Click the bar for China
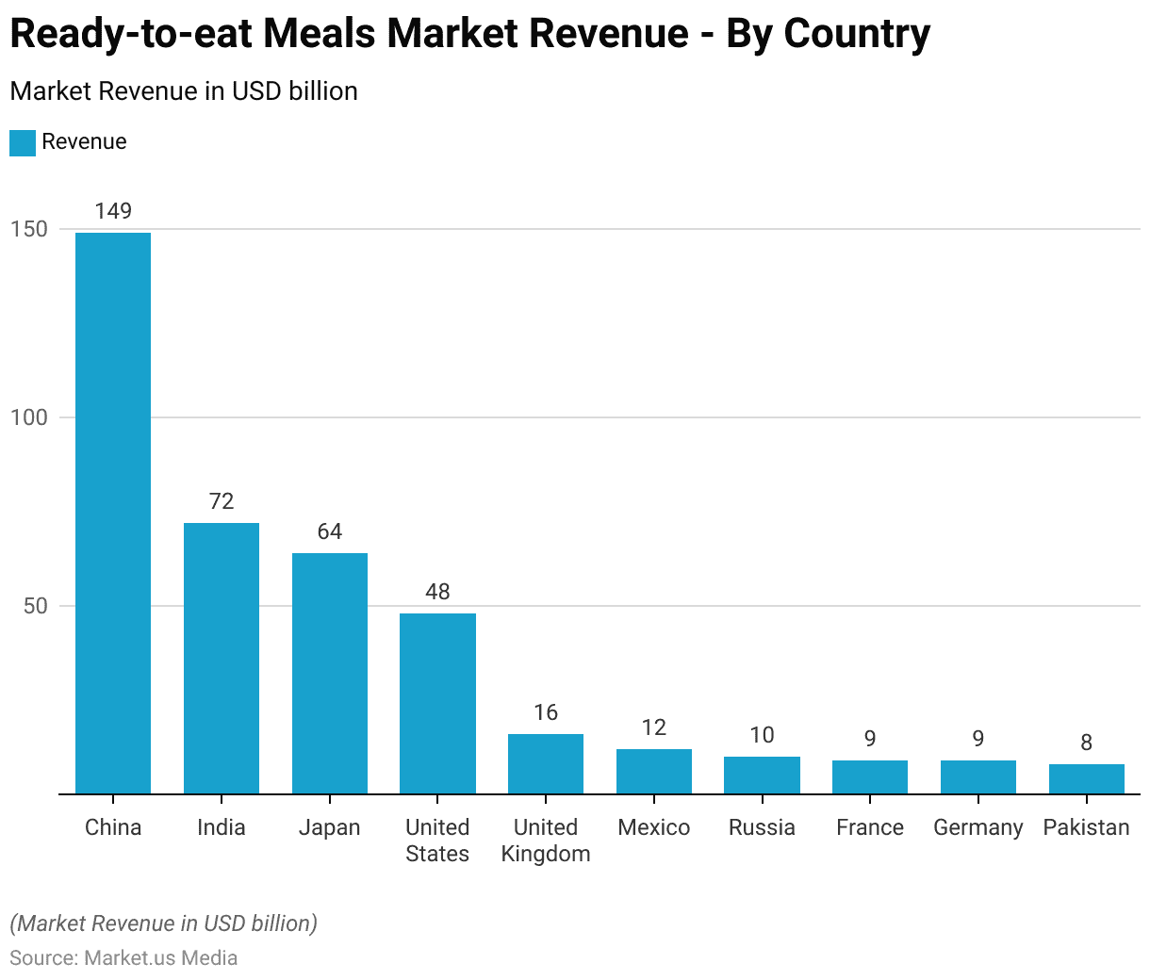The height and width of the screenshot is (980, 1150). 113,514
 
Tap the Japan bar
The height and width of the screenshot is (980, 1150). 330,673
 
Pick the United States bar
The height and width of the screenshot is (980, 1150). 437,703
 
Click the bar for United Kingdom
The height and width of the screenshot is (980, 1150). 546,763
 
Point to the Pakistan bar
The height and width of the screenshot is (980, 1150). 1086,778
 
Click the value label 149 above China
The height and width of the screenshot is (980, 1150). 113,211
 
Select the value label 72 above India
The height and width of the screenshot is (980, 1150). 222,501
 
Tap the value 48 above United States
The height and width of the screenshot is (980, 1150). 437,592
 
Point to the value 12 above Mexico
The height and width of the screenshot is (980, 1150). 654,727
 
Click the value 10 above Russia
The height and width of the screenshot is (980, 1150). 762,735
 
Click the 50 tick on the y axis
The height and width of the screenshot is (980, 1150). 35,606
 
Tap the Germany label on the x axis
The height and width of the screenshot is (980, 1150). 977,827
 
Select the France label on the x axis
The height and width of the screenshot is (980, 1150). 870,827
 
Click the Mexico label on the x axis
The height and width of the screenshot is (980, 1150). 654,827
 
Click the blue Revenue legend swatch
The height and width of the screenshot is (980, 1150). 23,142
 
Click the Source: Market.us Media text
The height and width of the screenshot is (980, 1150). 123,958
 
